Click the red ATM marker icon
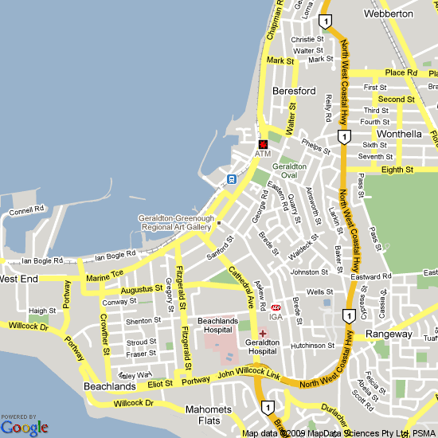(x=263, y=143)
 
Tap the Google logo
(x=25, y=427)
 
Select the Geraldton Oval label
(x=289, y=171)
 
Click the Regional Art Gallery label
(x=174, y=222)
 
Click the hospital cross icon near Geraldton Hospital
(x=263, y=334)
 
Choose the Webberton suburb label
(x=388, y=14)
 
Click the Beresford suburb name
(x=293, y=91)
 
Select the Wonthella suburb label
(x=399, y=134)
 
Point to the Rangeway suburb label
(x=389, y=334)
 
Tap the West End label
(x=18, y=280)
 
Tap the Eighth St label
(x=397, y=170)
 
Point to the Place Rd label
(x=401, y=72)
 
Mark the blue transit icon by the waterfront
(x=230, y=178)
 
